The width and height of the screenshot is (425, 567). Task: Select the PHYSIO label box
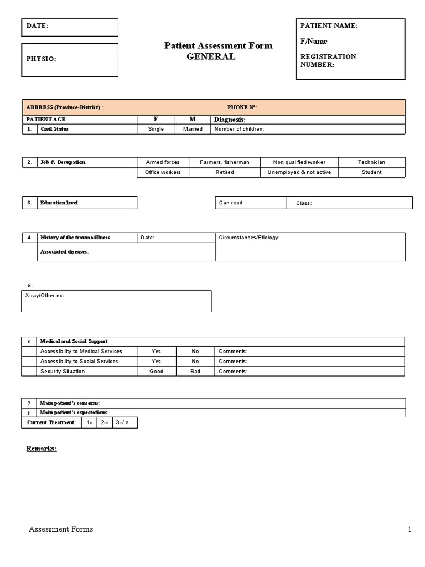coord(42,59)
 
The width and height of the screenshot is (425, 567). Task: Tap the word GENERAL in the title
coord(210,56)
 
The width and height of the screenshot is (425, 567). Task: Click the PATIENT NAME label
coord(329,26)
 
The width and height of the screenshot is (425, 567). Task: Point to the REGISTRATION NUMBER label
coord(328,60)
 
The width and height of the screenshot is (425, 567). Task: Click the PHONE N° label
coord(242,107)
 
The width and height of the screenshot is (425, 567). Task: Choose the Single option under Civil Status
coord(156,129)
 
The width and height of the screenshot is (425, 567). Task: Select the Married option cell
coord(193,129)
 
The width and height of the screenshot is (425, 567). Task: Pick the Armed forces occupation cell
coord(163,162)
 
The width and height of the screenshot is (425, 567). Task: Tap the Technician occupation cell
coord(371,162)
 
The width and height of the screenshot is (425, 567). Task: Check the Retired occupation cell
coord(224,172)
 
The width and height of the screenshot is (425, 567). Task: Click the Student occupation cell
coord(371,172)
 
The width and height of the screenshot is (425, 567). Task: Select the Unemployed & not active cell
coord(299,172)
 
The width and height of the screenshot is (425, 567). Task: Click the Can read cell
coord(231,203)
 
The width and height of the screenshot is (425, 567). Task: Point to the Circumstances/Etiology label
coord(249,238)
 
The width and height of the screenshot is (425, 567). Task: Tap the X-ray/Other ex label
coord(45,296)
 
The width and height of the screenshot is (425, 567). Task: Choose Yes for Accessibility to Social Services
coord(156,361)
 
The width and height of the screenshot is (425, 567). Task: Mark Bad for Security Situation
coord(195,371)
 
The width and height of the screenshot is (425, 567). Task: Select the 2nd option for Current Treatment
coord(104,422)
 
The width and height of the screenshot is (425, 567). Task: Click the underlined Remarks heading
coord(42,448)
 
